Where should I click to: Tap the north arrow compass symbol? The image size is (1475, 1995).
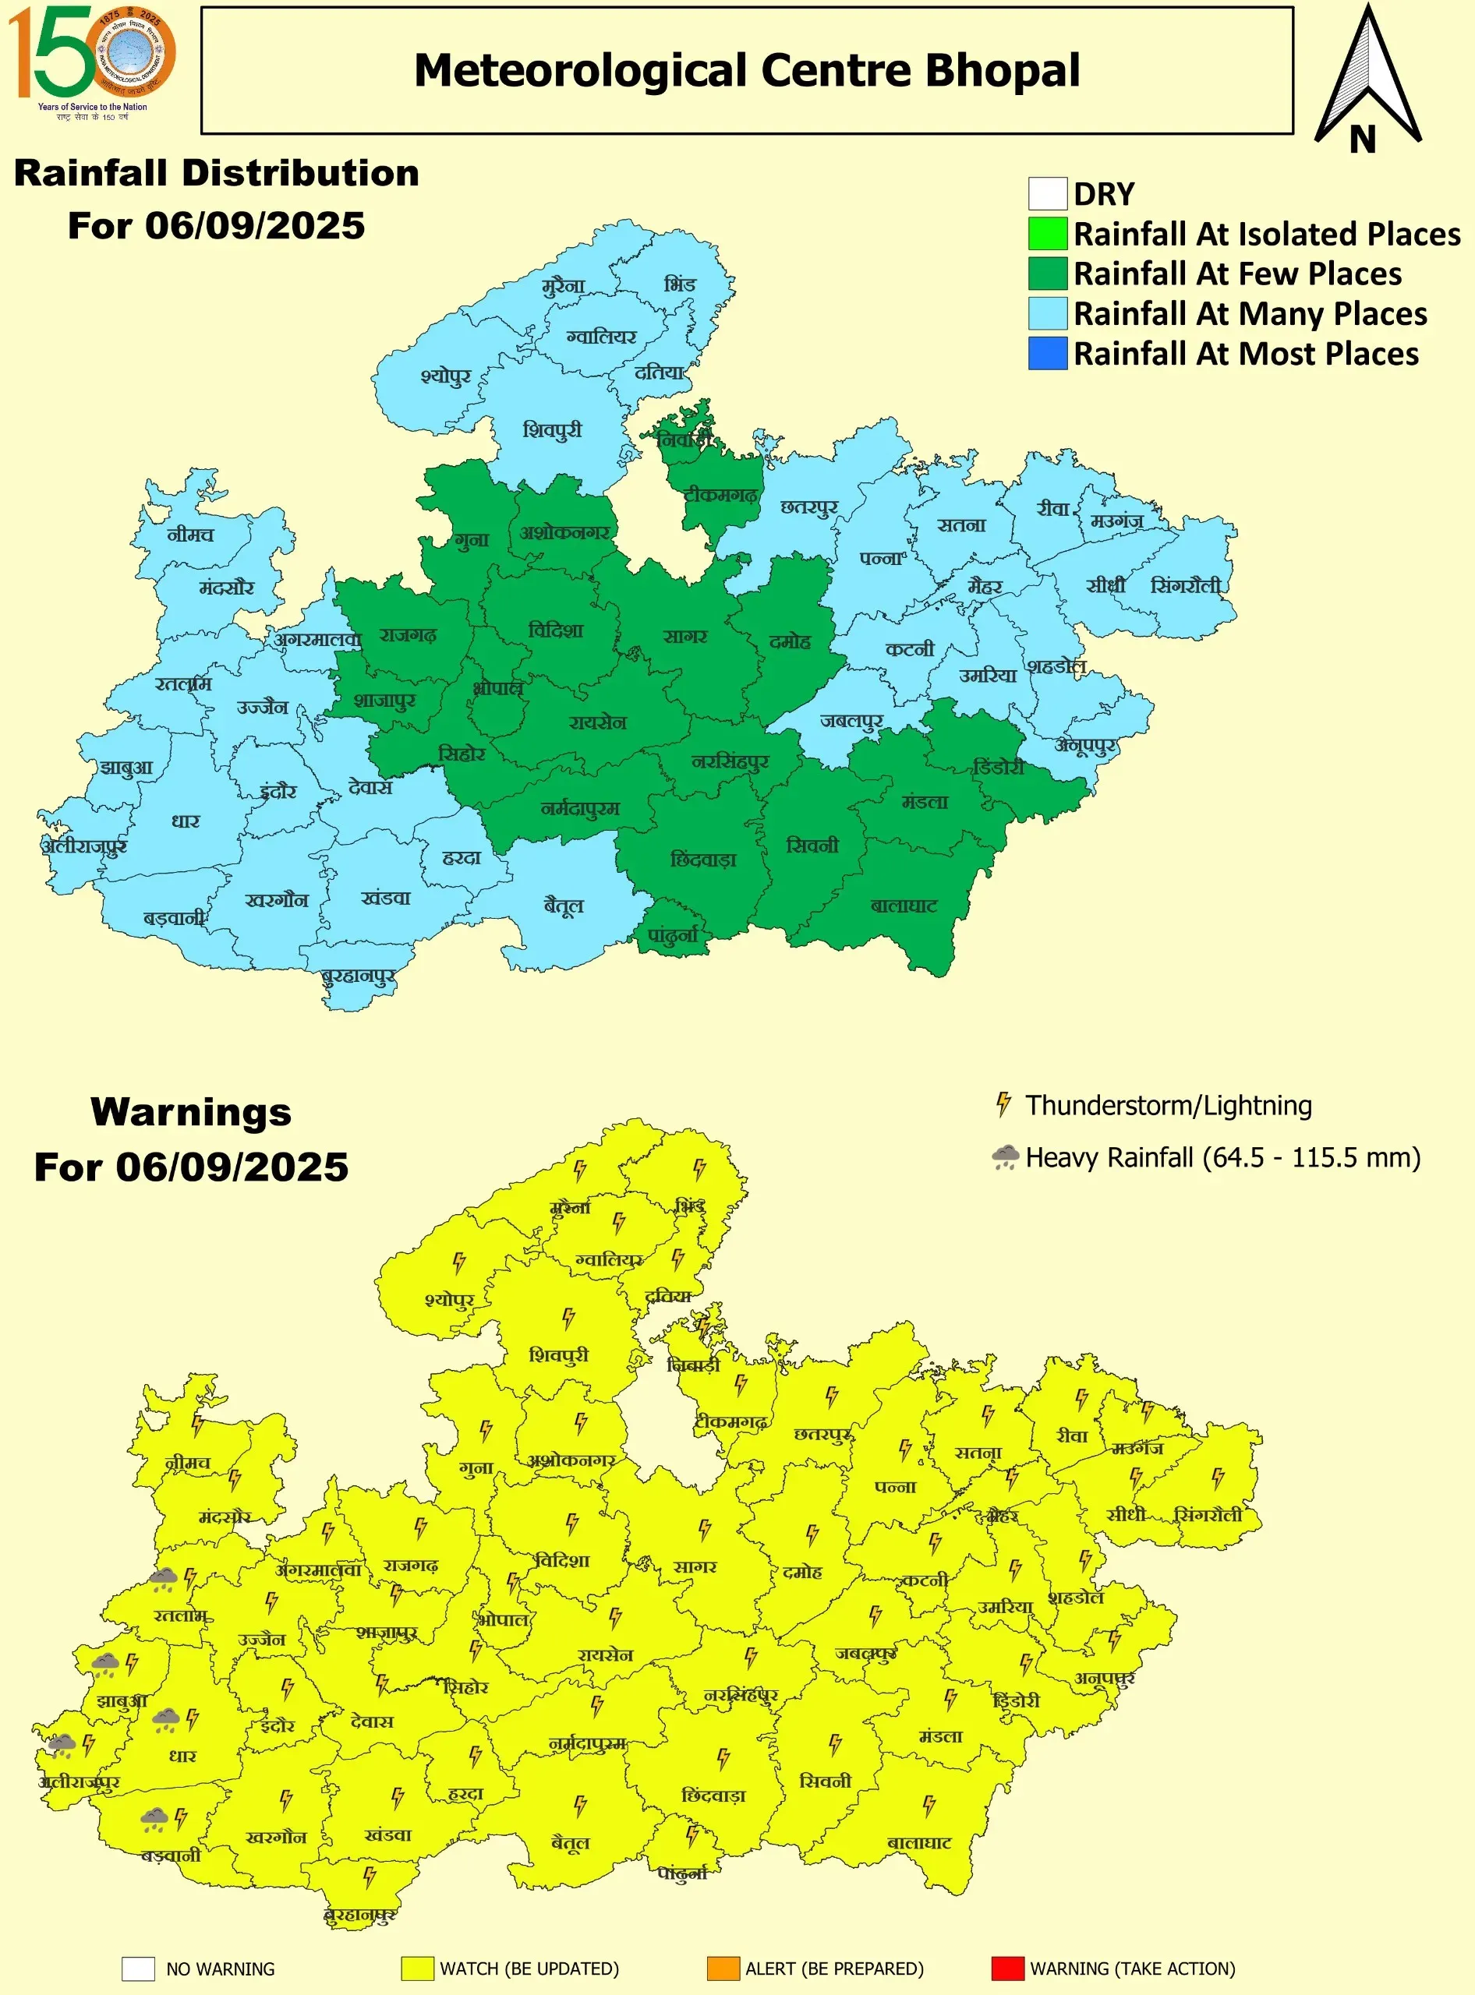point(1366,80)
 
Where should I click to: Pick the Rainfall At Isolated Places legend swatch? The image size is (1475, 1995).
point(1047,234)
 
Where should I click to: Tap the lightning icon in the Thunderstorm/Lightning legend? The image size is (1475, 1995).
point(1003,1104)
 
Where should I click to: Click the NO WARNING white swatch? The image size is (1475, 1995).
point(139,1969)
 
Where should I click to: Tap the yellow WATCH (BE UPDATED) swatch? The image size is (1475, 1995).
point(417,1969)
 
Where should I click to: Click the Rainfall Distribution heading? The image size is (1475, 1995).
point(216,173)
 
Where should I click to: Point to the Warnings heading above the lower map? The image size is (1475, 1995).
point(191,1112)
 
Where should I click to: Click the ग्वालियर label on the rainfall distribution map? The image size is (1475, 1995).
point(602,337)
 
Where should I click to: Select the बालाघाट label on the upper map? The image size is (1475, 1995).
point(904,906)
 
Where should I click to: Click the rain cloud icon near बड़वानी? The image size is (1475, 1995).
point(154,1817)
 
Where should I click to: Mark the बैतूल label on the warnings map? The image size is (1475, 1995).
point(570,1842)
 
